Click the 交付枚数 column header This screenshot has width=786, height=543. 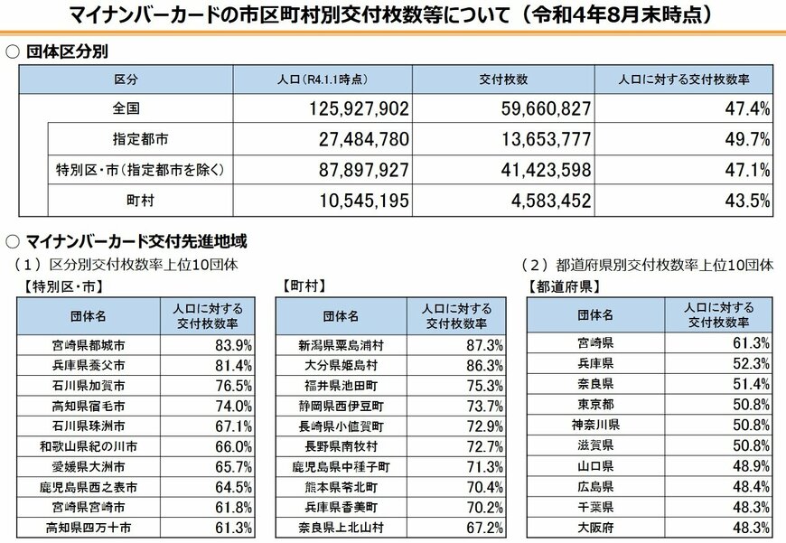tap(503, 80)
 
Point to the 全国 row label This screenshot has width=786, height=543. tap(126, 109)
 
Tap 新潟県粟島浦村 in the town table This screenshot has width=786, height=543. tap(341, 344)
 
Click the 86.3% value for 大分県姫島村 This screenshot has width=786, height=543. tap(483, 365)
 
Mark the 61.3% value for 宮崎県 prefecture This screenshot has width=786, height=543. tap(751, 342)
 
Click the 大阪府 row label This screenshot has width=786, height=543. tap(594, 527)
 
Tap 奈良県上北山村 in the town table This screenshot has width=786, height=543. tap(341, 527)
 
